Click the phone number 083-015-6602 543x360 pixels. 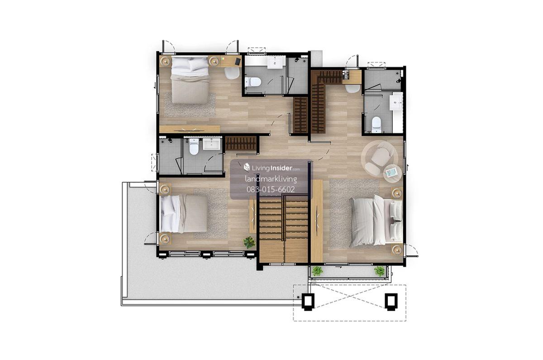pos(271,189)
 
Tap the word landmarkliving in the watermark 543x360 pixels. pos(271,179)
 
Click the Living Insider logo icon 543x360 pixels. pos(247,167)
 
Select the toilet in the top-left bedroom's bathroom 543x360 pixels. pos(252,82)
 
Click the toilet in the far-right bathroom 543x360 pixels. pos(376,125)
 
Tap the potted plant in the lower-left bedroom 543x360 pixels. pos(249,242)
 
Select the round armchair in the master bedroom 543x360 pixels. pos(381,154)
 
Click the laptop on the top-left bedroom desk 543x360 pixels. pos(238,61)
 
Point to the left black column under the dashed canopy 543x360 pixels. pos(308,302)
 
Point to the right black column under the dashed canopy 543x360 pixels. pos(391,302)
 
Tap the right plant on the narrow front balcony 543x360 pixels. pos(379,271)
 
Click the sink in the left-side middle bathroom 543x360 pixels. pos(212,144)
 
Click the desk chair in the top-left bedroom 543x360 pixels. pos(232,73)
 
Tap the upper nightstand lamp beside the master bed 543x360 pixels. pos(397,193)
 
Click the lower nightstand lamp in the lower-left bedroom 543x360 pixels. pos(165,239)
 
